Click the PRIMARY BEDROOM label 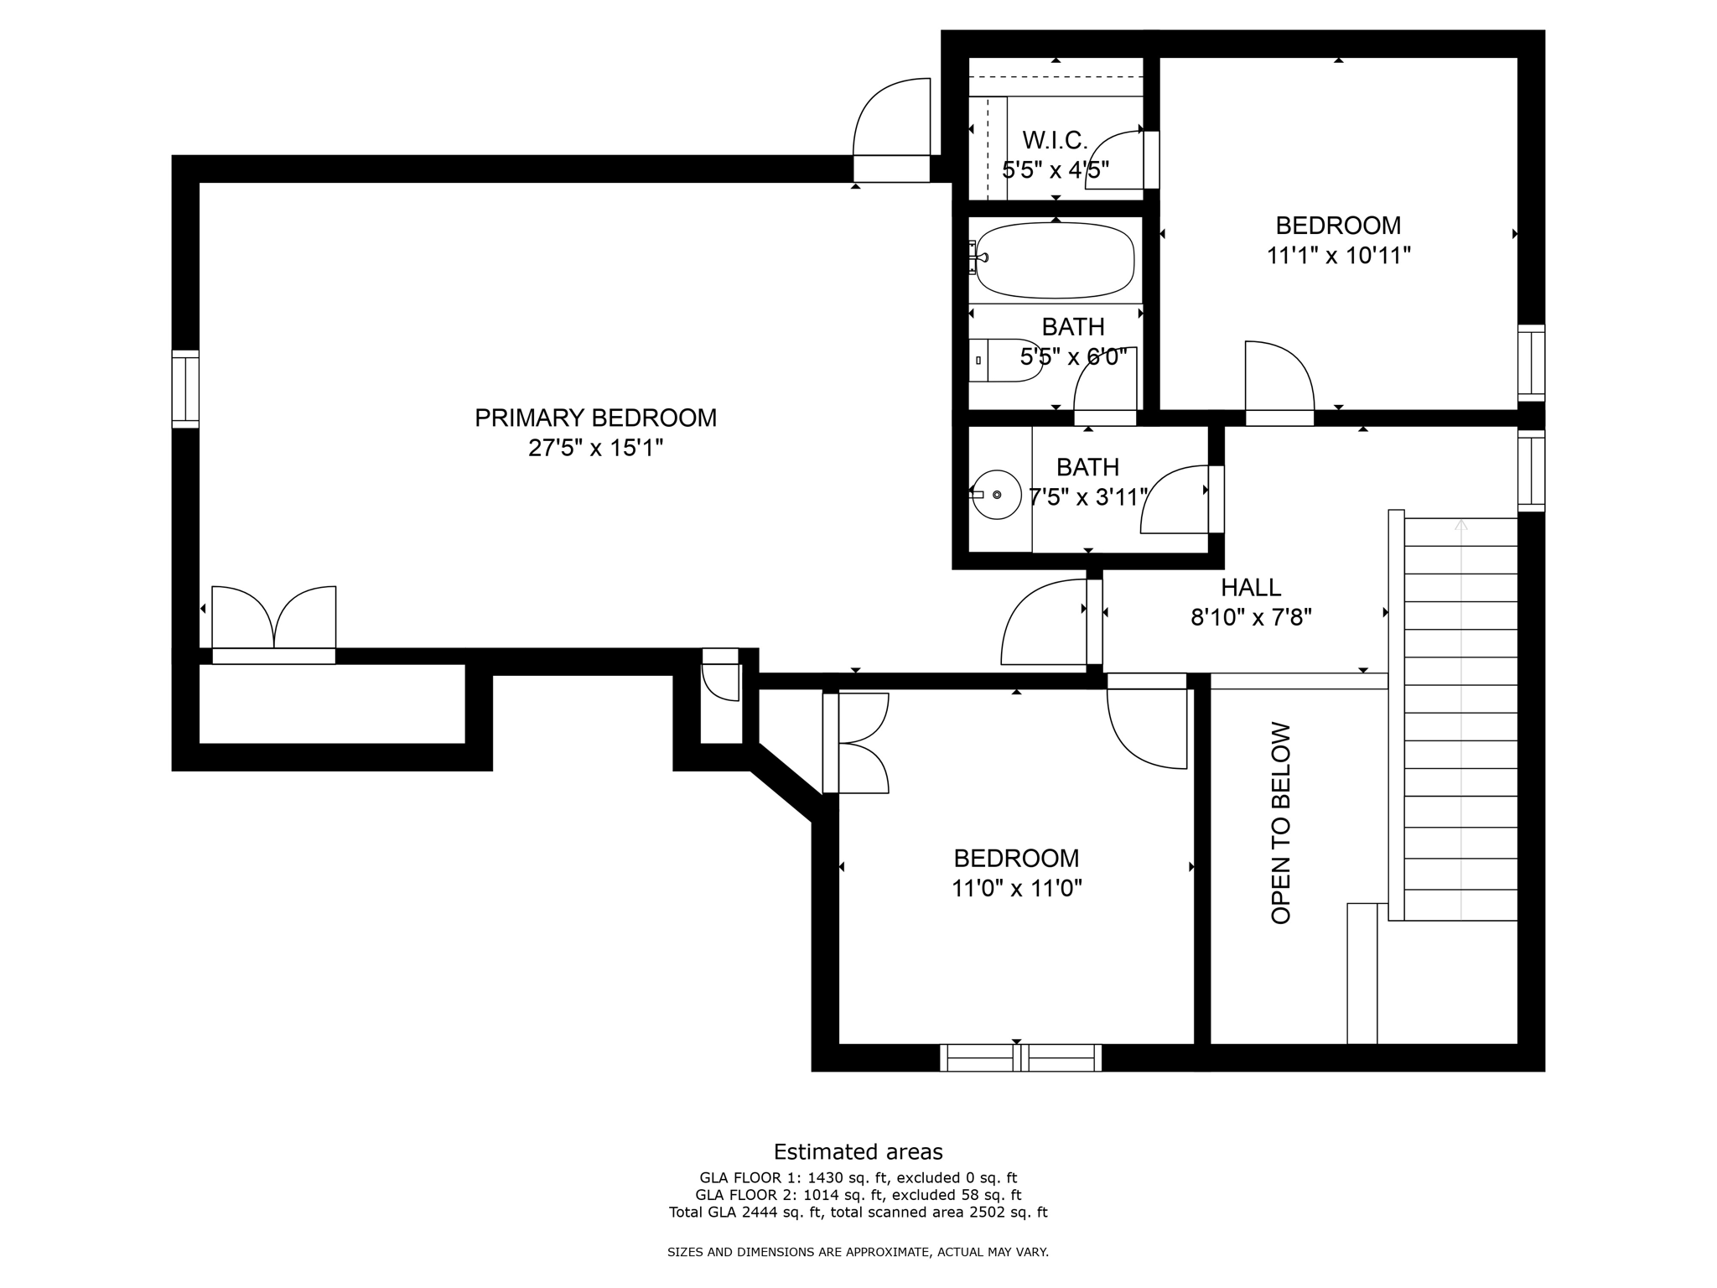(595, 418)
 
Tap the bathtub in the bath (1055, 260)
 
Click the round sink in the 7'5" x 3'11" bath (996, 495)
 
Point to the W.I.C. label (1055, 140)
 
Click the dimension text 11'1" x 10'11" (1338, 256)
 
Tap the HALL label (1250, 587)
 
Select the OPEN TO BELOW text (1280, 823)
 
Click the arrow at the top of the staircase (1460, 525)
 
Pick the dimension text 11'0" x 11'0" (1016, 888)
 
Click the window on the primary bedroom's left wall (185, 389)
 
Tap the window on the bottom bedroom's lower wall (1020, 1057)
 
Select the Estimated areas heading (858, 1151)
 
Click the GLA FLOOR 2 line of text (858, 1195)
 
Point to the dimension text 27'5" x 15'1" (595, 448)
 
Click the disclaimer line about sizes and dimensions (858, 1252)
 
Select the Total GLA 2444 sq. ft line (858, 1212)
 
